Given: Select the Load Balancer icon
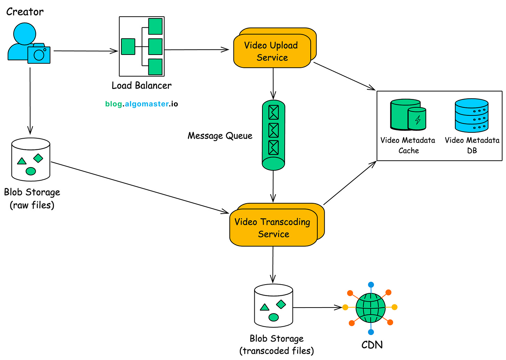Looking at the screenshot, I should click(x=142, y=46).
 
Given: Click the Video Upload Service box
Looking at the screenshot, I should click(x=272, y=51).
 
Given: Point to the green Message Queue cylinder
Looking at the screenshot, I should click(x=274, y=135).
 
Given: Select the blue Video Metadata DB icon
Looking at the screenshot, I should click(x=472, y=115).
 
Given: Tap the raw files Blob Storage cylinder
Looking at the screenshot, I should click(x=31, y=159).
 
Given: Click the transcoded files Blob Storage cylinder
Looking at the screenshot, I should click(x=274, y=306).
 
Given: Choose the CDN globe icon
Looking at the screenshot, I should click(x=371, y=308).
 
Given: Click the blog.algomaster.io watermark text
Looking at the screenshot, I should click(x=141, y=104).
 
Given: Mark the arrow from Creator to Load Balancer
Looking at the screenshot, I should click(x=85, y=51).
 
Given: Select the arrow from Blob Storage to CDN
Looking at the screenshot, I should click(x=317, y=308).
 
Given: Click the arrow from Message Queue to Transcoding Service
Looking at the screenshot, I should click(x=273, y=186).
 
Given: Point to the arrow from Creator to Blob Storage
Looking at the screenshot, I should click(x=30, y=101).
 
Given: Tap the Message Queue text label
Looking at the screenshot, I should click(x=220, y=136).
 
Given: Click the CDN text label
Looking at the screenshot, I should click(x=372, y=345).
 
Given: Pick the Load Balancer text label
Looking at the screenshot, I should click(x=141, y=85).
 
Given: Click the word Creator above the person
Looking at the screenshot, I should click(x=25, y=12).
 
